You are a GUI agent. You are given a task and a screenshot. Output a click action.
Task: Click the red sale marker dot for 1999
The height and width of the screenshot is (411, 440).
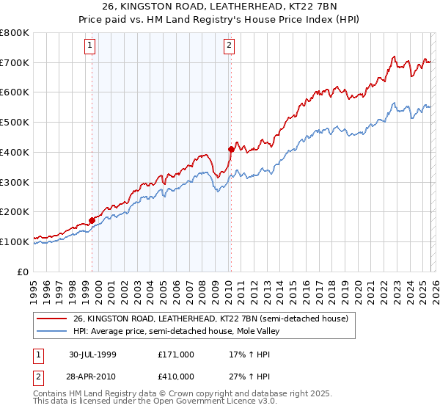(x=92, y=219)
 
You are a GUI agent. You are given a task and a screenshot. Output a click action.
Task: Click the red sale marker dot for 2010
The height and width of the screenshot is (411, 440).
(x=231, y=149)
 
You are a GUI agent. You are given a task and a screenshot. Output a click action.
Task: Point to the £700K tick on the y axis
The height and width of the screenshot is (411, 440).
(x=16, y=63)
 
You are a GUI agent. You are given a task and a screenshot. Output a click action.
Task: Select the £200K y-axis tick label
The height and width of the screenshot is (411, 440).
(x=16, y=211)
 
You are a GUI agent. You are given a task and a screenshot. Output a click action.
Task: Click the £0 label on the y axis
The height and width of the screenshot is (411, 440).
(x=23, y=271)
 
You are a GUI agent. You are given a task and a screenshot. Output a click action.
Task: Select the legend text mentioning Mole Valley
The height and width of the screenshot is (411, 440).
(x=177, y=331)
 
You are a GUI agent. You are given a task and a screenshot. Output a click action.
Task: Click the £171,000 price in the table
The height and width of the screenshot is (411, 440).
(x=175, y=354)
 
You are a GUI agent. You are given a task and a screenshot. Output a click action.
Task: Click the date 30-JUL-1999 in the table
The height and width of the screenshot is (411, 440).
(x=92, y=354)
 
